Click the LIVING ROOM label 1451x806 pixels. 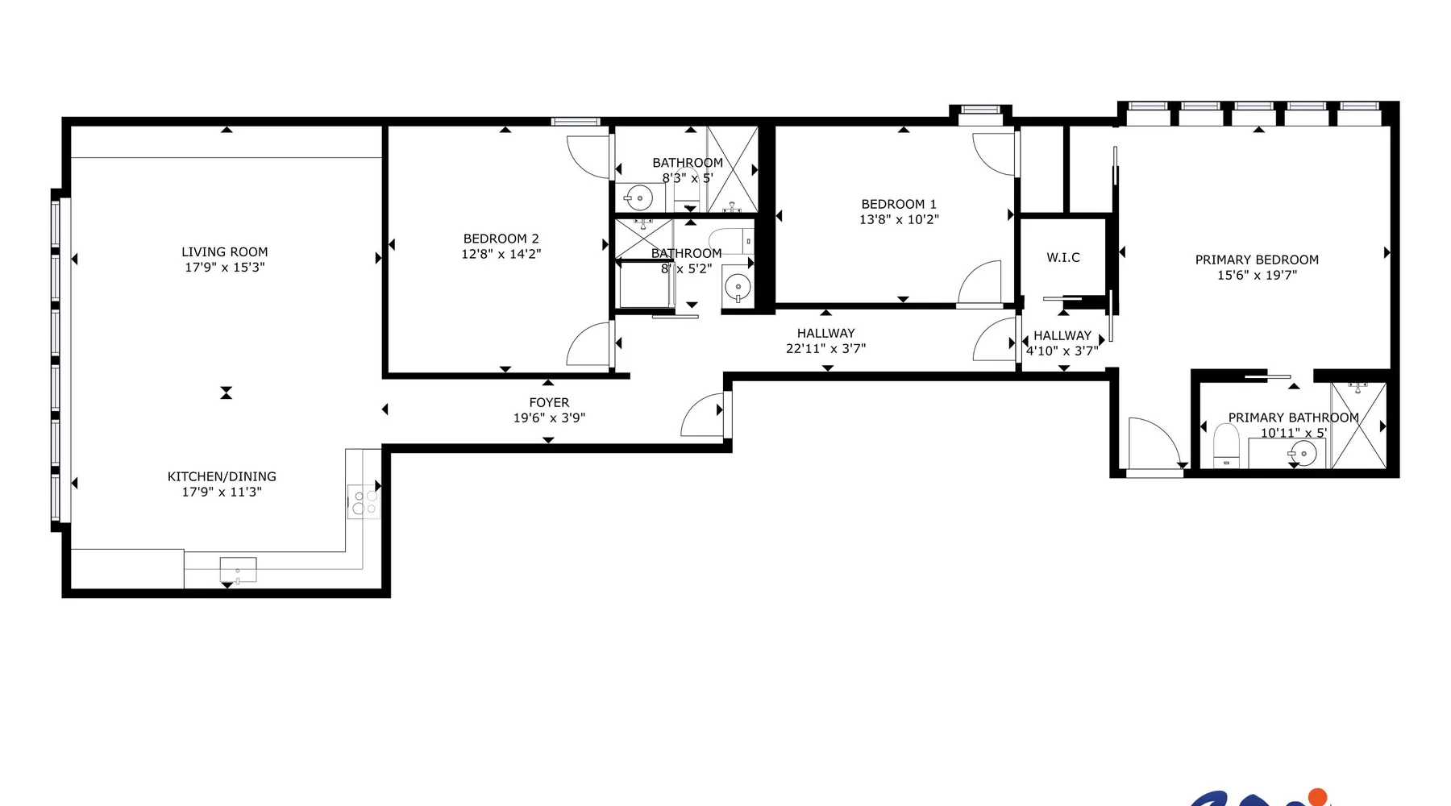tap(225, 252)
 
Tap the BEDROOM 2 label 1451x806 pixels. tap(501, 239)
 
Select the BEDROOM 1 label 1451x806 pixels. tap(899, 204)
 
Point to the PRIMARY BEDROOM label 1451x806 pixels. tap(1257, 260)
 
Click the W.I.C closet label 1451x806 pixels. tap(1063, 257)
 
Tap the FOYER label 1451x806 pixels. tap(549, 402)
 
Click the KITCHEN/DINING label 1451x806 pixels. tap(222, 476)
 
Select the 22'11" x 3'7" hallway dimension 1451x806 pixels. tap(825, 348)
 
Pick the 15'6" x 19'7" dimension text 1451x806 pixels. tap(1257, 275)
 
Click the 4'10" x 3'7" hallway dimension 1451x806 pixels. tap(1062, 351)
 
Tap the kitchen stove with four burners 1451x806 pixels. tap(364, 501)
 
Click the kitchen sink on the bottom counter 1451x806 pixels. tap(238, 570)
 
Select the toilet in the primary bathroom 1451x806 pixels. tap(1226, 446)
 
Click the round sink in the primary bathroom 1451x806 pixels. tap(1303, 454)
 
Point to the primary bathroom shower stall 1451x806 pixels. tap(1358, 426)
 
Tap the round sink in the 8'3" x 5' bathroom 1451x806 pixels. tap(639, 197)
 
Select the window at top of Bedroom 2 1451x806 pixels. tap(576, 122)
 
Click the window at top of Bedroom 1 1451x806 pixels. tap(980, 110)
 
